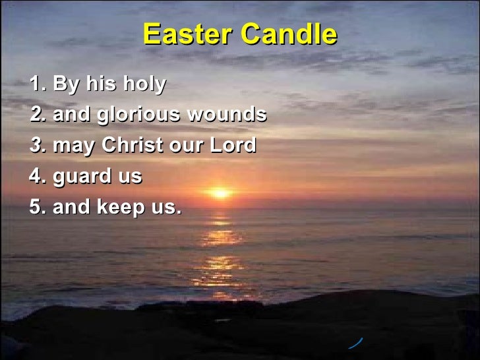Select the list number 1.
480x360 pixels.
pyautogui.click(x=38, y=84)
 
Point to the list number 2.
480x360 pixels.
pyautogui.click(x=38, y=115)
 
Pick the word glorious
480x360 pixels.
pyautogui.click(x=138, y=115)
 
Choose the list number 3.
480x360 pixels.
pyautogui.click(x=38, y=145)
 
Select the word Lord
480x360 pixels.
pyautogui.click(x=233, y=145)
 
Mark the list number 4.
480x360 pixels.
pyautogui.click(x=38, y=176)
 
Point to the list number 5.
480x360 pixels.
pyautogui.click(x=38, y=207)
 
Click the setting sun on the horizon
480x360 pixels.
pyautogui.click(x=220, y=193)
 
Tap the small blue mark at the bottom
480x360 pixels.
pyautogui.click(x=356, y=342)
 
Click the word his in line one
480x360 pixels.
pyautogui.click(x=100, y=84)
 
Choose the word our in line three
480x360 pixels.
pyautogui.click(x=188, y=146)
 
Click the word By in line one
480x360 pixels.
pyautogui.click(x=65, y=85)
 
